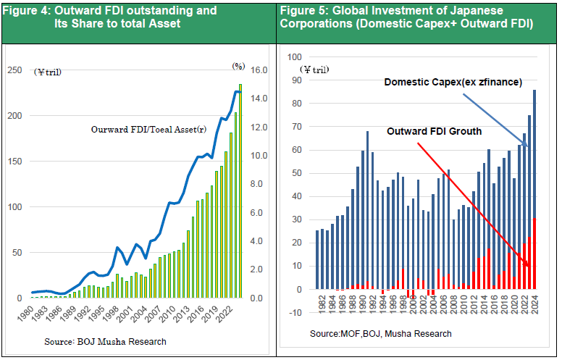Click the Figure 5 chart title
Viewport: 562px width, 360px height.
point(406,17)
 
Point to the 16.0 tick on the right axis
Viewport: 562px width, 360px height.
point(259,70)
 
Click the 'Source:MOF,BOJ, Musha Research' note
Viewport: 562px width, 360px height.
point(380,334)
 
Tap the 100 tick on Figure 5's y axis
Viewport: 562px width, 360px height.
point(295,56)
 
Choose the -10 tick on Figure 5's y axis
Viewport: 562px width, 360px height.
point(295,312)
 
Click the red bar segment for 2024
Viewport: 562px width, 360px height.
point(534,254)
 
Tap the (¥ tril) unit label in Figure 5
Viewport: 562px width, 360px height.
point(315,70)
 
